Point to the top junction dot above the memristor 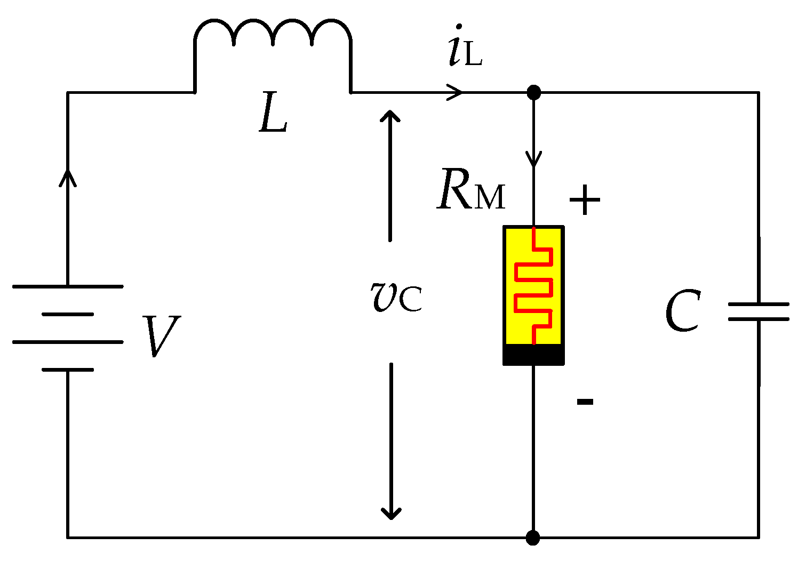coord(533,93)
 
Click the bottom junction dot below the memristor coord(533,538)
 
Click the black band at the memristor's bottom coord(533,355)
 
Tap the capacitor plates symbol coord(758,312)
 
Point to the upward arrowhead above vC coord(390,117)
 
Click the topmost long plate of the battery coord(68,286)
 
